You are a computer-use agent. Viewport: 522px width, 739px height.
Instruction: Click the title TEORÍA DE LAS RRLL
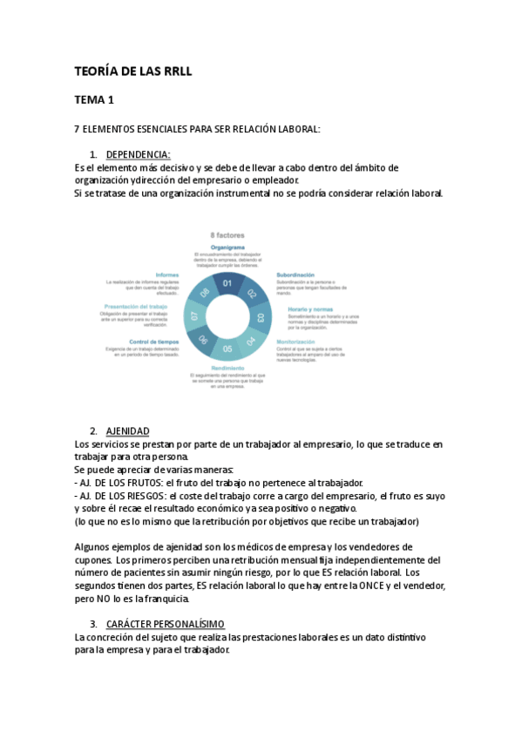coord(132,71)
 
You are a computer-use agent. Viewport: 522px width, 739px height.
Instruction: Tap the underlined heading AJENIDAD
coord(127,431)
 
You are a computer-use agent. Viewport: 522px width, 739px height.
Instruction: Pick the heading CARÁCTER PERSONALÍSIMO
coord(165,624)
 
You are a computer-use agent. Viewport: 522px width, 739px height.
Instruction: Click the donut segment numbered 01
coord(227,283)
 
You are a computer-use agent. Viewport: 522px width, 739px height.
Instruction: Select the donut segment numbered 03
coord(260,316)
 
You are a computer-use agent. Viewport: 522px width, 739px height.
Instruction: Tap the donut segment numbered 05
coord(227,349)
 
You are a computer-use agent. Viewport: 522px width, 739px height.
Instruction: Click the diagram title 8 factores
coord(227,235)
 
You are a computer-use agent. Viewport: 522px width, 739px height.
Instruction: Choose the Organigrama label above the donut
coord(227,247)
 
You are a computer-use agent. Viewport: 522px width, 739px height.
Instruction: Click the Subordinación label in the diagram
coord(295,275)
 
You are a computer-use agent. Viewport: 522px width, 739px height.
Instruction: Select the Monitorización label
coord(295,342)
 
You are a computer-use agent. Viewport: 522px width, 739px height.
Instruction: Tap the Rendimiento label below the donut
coord(227,369)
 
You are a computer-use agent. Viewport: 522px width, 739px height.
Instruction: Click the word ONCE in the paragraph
coord(371,586)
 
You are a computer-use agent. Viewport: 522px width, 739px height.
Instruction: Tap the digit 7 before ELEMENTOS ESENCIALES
coord(78,129)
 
